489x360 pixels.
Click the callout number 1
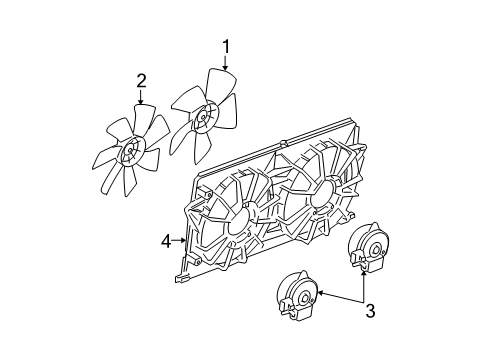(x=226, y=45)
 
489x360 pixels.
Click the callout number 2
(x=141, y=81)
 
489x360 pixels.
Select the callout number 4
(x=167, y=240)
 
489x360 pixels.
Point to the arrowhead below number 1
(x=225, y=69)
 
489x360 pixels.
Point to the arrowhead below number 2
(x=140, y=105)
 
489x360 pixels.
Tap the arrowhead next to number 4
(x=185, y=240)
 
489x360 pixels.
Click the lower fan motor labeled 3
(x=296, y=299)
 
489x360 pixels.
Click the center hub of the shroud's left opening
(x=237, y=225)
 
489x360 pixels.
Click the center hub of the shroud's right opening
(x=317, y=195)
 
